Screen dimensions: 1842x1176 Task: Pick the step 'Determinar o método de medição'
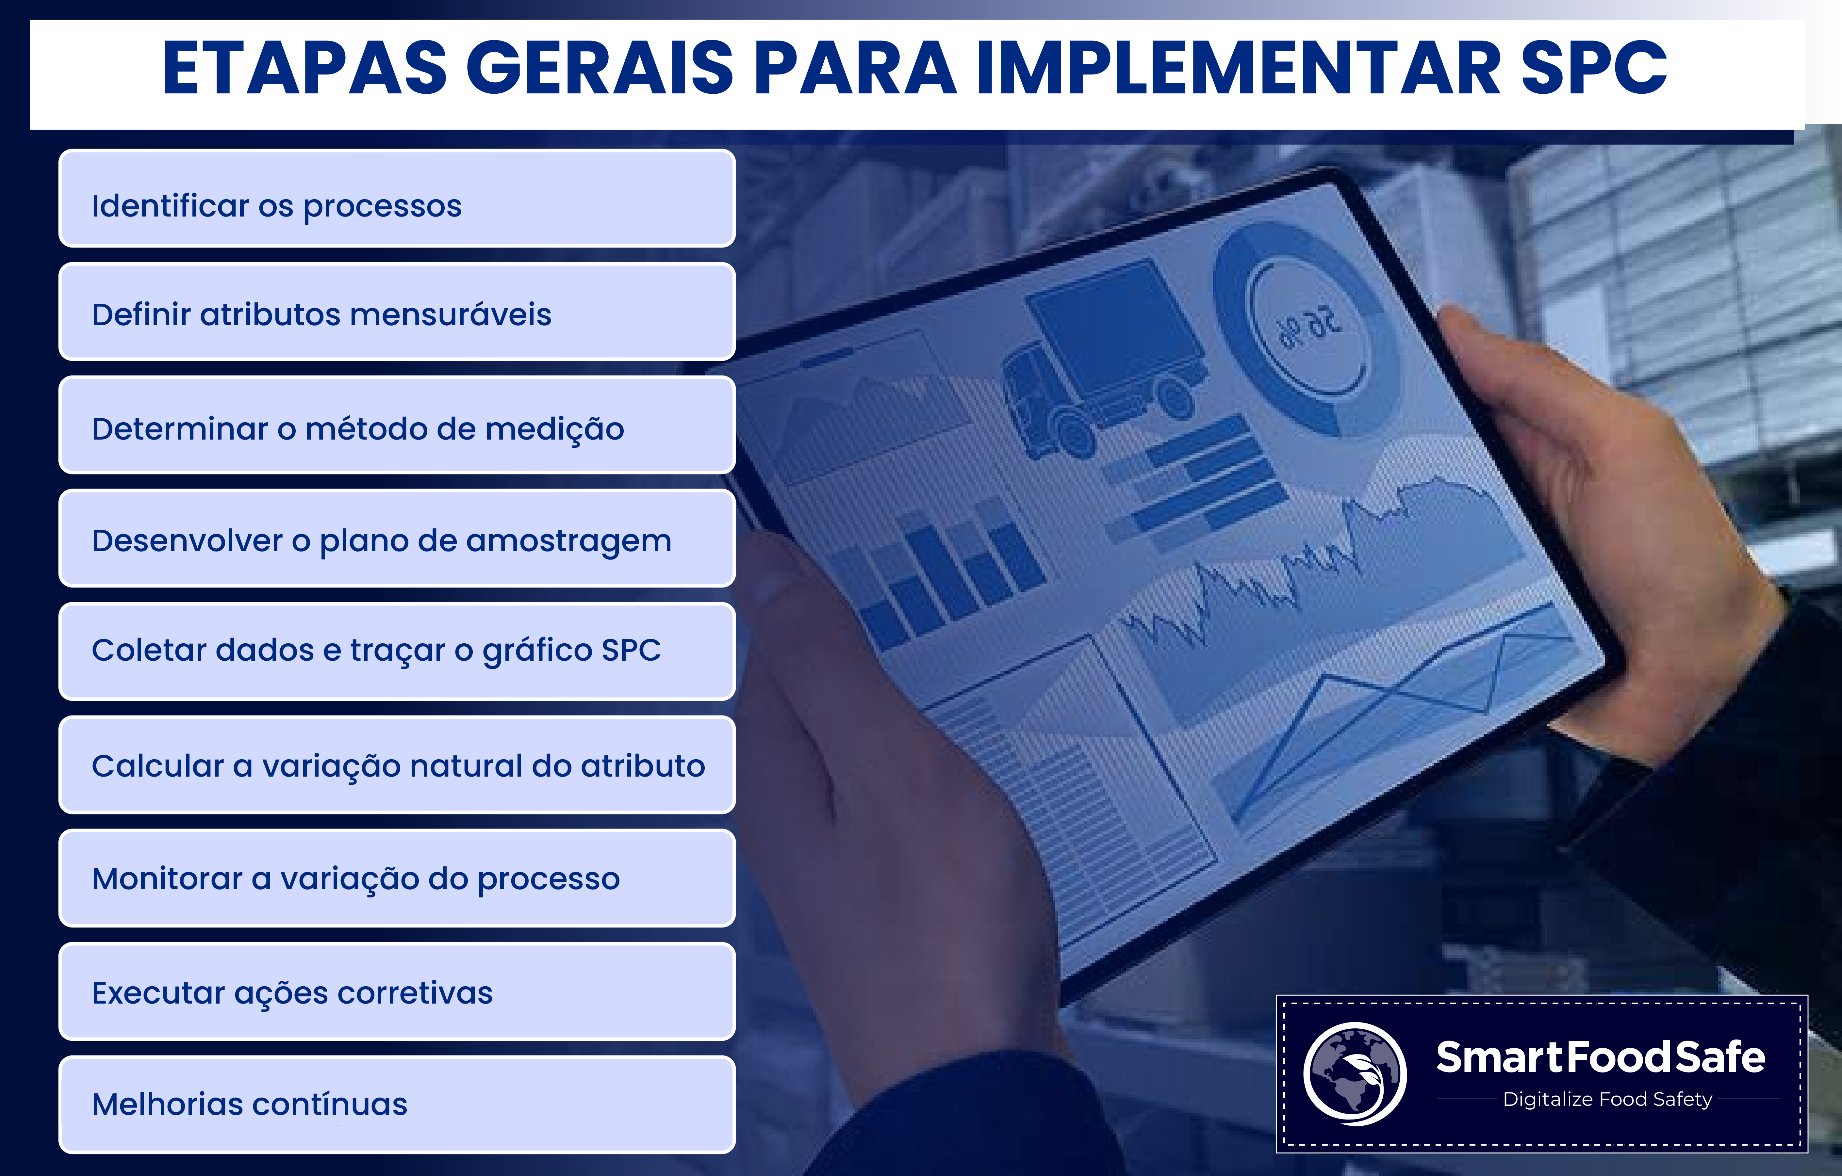click(397, 425)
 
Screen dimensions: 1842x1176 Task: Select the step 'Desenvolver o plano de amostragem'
click(397, 538)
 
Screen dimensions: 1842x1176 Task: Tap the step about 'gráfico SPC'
click(397, 652)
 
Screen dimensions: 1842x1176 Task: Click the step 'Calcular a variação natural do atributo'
click(397, 765)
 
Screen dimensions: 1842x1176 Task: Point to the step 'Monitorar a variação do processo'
click(397, 878)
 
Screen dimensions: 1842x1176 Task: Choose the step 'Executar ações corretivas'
click(397, 991)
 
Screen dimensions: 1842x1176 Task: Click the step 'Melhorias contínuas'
click(397, 1104)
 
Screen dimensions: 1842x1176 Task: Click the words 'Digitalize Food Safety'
click(1607, 1100)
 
